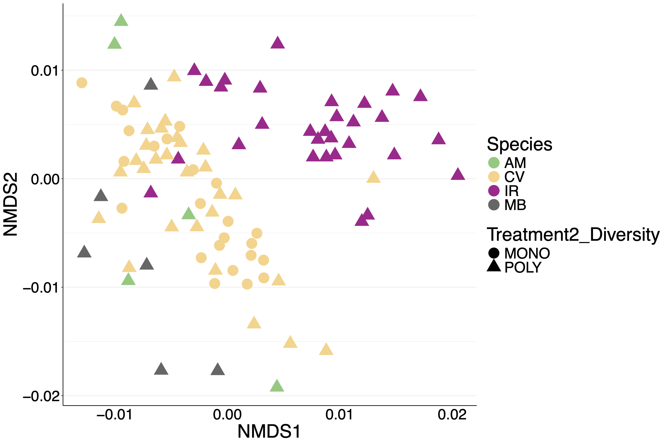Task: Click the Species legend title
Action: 520,144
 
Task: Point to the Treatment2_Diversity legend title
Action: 573,235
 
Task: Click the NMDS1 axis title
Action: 269,432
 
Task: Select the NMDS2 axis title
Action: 10,204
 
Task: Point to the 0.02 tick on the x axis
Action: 452,415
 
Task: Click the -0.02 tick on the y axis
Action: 41,396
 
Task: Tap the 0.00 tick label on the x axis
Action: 227,415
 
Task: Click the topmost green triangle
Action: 121,20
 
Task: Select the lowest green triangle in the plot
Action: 277,386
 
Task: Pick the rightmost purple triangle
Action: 458,174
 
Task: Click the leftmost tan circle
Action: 82,83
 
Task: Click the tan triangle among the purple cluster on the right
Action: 373,177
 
